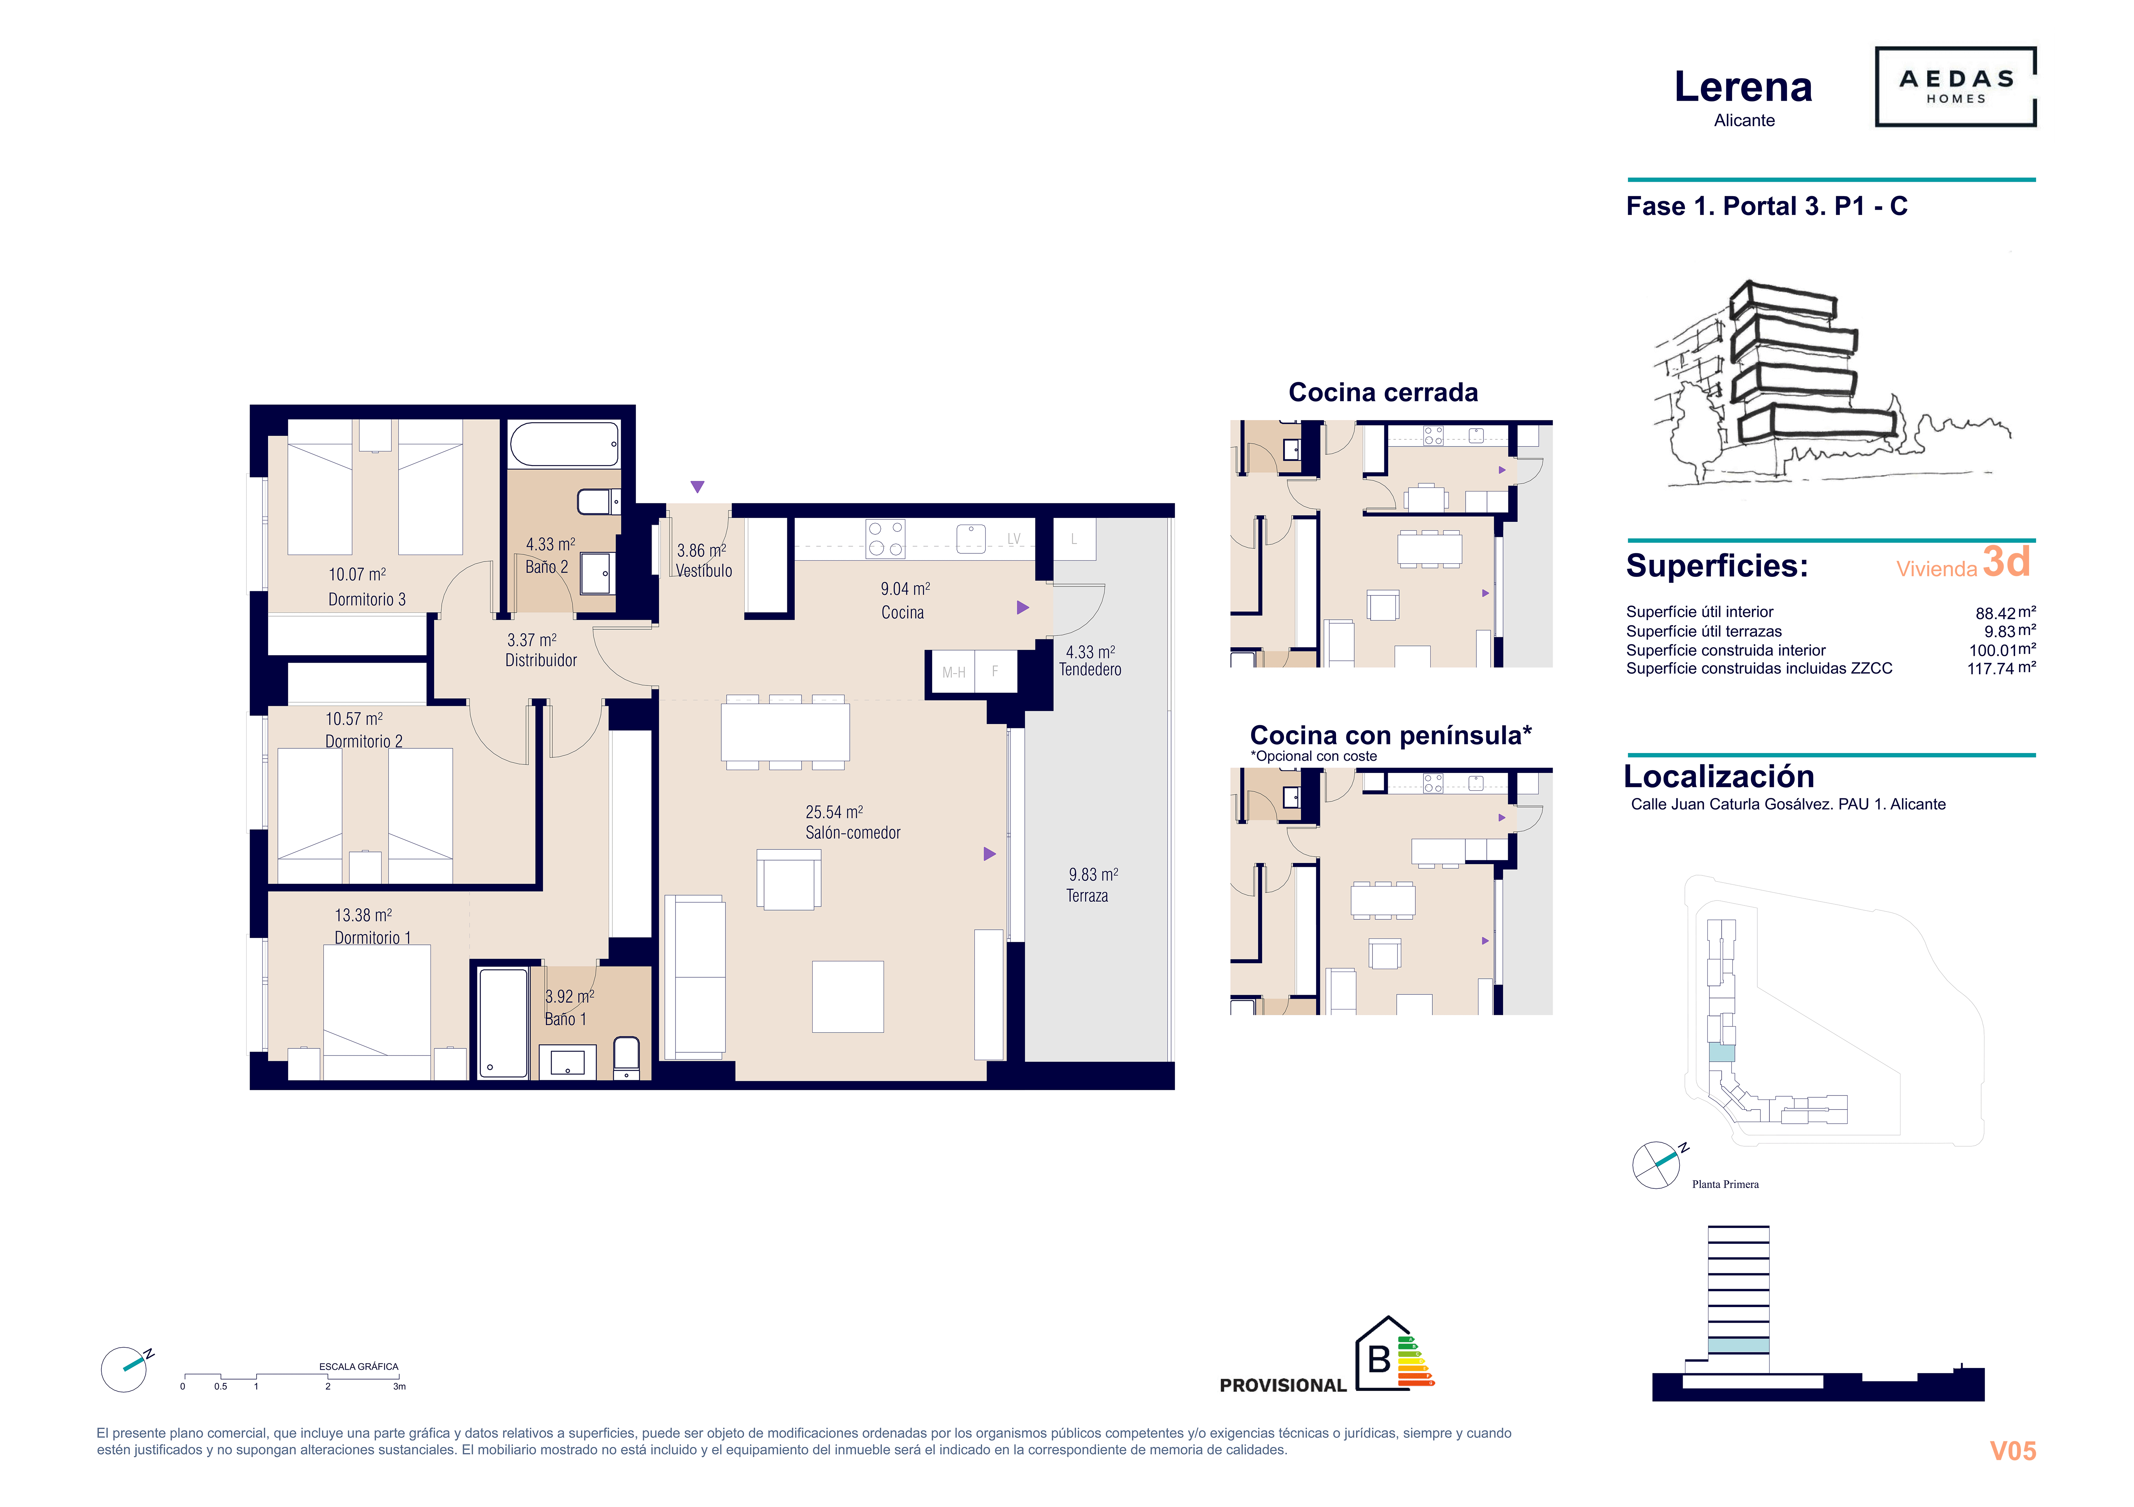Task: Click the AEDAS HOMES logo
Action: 1955,86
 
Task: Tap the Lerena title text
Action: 1744,88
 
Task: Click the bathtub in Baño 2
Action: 564,444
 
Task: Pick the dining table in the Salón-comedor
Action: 785,733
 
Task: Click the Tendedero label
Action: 1090,669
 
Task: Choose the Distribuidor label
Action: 541,660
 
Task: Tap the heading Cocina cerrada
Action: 1383,392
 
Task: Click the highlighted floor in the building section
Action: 1738,1345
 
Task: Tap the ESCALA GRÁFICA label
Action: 359,1367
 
